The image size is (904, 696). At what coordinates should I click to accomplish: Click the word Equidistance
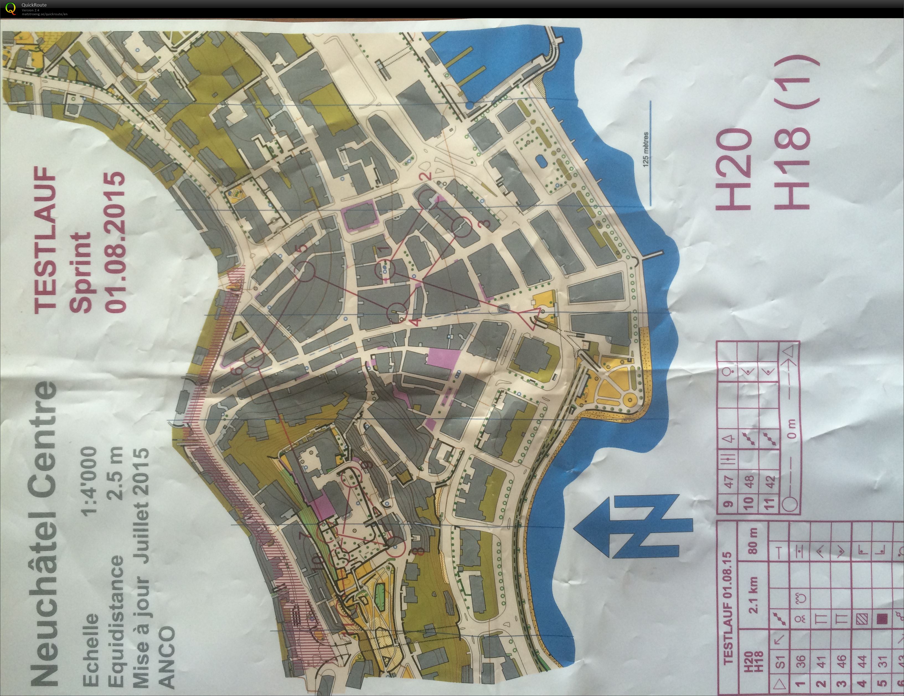pyautogui.click(x=112, y=612)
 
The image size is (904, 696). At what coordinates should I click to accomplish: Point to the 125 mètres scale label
pyautogui.click(x=646, y=149)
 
